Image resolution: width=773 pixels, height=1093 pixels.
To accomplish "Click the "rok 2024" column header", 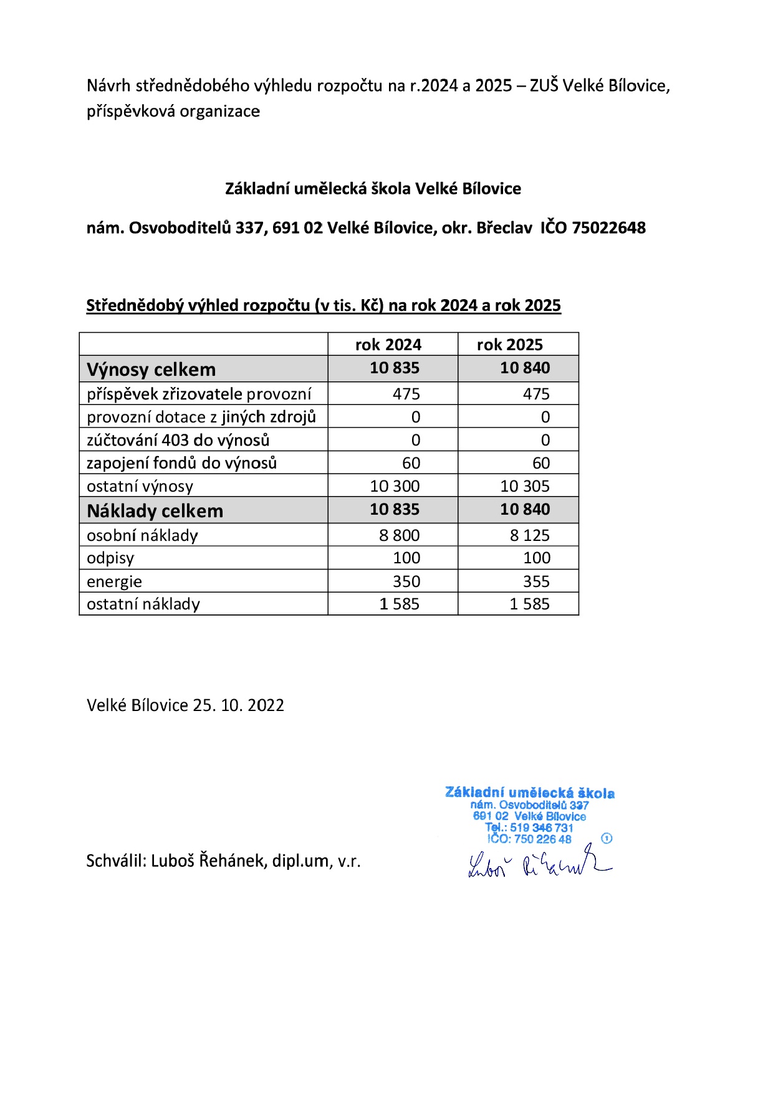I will coord(388,345).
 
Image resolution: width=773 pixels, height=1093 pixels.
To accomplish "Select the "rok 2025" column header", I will coord(510,345).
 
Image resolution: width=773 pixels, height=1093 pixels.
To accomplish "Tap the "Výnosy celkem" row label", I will coord(151,370).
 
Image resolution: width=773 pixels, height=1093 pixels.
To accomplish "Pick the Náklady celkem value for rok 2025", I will coord(525,510).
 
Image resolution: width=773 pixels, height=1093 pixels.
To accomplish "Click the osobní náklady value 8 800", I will coord(400,535).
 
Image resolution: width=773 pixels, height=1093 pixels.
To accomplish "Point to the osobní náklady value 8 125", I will coord(530,535).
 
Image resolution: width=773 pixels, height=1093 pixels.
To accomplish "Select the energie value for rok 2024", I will coord(406,581).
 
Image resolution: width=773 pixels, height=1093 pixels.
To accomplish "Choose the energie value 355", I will coord(536,581).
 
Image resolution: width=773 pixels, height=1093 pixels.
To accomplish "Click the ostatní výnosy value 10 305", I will coord(525,486).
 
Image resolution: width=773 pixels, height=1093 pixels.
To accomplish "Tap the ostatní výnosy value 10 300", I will coord(395,486).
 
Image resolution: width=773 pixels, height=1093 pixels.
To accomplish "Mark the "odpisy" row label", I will coord(110,558).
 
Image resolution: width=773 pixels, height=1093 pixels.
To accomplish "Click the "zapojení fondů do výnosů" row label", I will coord(181,463).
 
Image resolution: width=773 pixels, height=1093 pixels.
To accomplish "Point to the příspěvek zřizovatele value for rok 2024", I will coord(406,394).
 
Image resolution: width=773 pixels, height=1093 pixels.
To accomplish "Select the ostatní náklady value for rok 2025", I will coord(530,604).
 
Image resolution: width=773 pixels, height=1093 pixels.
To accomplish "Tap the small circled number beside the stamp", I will coord(607,838).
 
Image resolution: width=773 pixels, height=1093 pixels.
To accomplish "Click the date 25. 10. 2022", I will coord(238,705).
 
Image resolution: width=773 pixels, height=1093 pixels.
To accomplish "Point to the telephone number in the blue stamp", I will coord(541,828).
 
